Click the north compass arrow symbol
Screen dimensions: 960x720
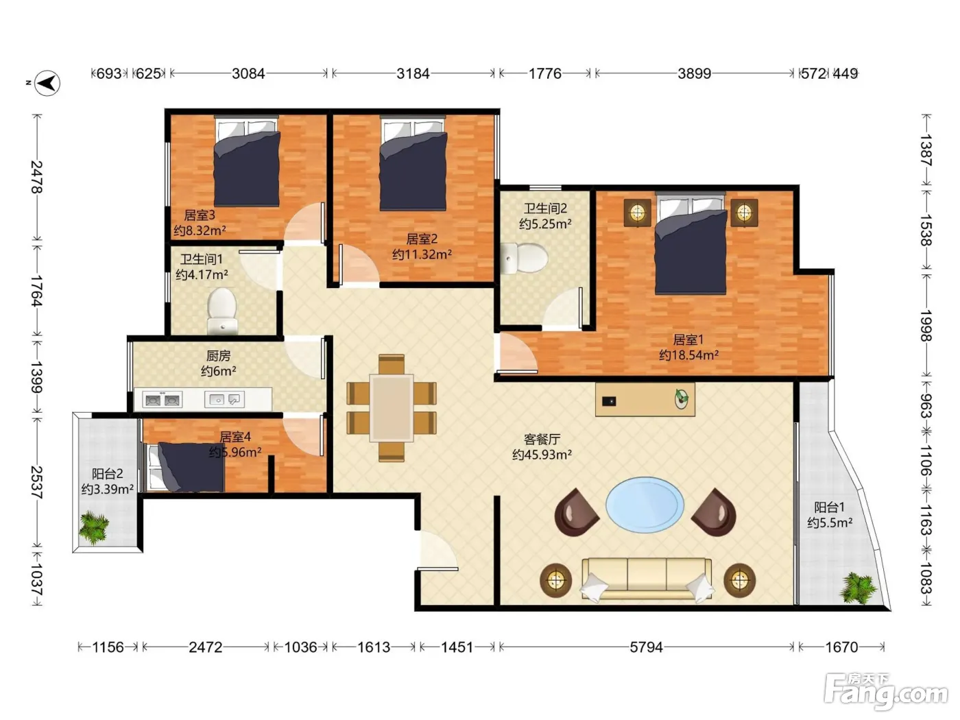click(47, 83)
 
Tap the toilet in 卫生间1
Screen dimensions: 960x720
click(222, 311)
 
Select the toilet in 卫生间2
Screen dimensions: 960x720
click(525, 259)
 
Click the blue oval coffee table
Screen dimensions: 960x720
click(645, 505)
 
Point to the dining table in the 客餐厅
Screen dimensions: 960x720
click(392, 408)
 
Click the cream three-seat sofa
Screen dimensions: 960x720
click(647, 579)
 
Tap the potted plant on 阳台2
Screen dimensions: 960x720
click(93, 527)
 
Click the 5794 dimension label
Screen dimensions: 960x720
click(647, 647)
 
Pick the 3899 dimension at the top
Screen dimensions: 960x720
click(695, 73)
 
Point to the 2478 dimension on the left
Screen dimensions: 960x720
click(37, 177)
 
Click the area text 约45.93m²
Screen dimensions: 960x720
click(542, 455)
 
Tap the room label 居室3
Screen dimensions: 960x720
click(200, 215)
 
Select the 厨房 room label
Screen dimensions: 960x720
click(218, 356)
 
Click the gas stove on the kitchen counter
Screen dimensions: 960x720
click(163, 400)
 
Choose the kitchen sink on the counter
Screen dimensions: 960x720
click(224, 400)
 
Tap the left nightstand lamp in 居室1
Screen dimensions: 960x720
click(637, 213)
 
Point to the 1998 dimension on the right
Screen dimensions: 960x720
click(926, 326)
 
